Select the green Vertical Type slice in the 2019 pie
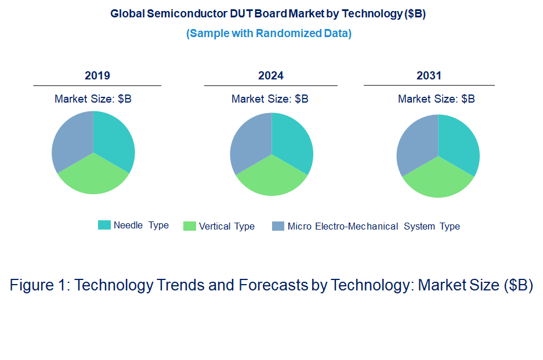93,176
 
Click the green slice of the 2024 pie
271,178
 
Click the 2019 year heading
97,75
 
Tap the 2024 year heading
270,75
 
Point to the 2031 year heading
429,75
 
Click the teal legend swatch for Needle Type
104,226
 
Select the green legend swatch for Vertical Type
189,226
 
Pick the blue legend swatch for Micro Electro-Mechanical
278,226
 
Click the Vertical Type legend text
226,226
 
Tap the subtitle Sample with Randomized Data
269,33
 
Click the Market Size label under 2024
270,99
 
